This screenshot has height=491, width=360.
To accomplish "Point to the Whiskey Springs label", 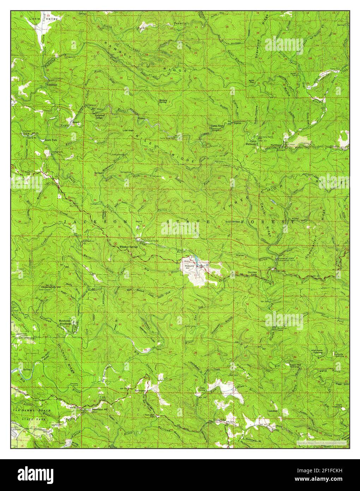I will pos(128,247).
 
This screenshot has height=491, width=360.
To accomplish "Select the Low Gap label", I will pos(127,130).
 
